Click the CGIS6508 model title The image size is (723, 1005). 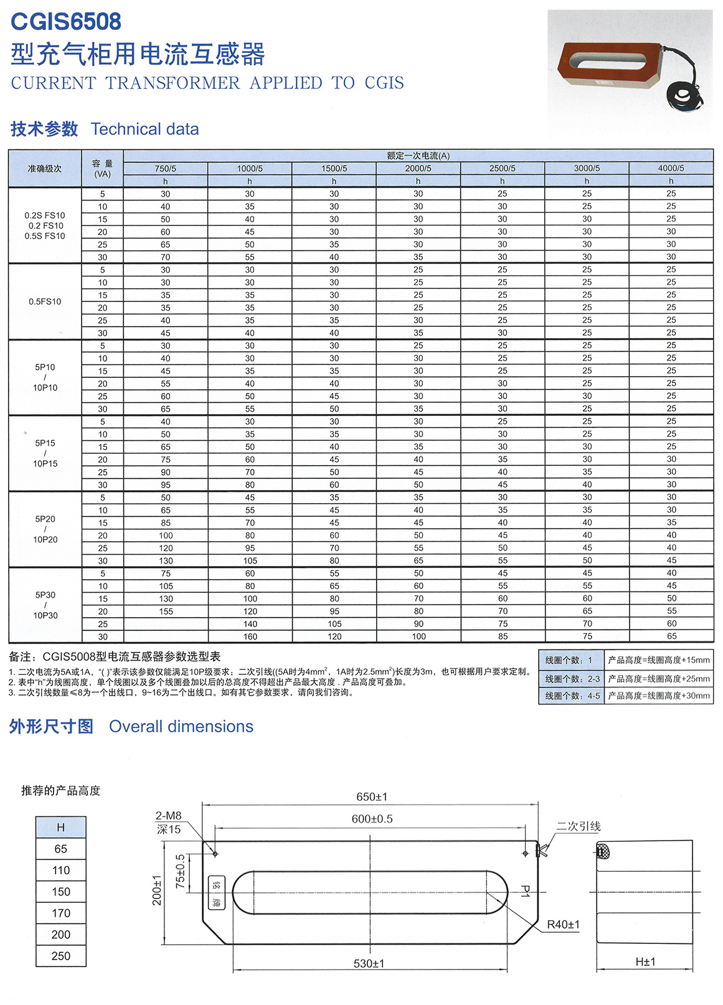pos(66,22)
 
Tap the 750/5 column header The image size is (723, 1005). pos(165,168)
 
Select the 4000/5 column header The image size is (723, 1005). pos(671,168)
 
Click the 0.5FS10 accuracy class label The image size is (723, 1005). pos(45,301)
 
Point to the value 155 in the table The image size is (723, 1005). pos(166,611)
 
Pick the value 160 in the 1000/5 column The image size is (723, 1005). pos(250,636)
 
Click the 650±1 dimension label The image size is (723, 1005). pos(372,797)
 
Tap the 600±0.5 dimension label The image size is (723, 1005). pos(372,819)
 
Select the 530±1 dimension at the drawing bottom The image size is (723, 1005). pos(369,963)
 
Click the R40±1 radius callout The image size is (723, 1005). pos(563,925)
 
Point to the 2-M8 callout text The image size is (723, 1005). pos(168,816)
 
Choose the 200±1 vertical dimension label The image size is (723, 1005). pos(157,890)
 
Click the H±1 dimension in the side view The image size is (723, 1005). pos(645,962)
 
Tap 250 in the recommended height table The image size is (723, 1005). pos(61,956)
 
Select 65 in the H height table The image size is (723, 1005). pos(61,849)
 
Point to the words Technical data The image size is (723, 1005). pos(145,130)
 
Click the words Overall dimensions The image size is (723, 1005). pos(181,727)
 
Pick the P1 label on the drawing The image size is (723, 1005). pos(525,891)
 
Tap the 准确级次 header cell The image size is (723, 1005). pos(45,168)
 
